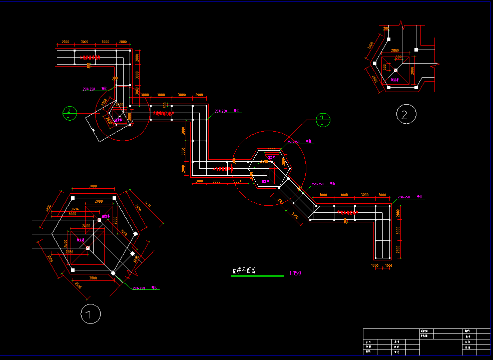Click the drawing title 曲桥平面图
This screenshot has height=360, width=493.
point(244,270)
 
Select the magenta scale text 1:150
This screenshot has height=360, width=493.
point(295,273)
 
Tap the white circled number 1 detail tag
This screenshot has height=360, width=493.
point(91,314)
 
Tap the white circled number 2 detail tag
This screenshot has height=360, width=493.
point(406,115)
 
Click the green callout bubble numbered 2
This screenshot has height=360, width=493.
point(70,113)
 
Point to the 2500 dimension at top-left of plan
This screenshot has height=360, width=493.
point(65,42)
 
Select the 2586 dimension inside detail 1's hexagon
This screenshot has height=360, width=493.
point(70,252)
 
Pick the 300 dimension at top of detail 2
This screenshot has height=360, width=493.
point(386,29)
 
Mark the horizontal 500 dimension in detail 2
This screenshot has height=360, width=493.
point(398,57)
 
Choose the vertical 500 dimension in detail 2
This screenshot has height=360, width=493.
point(384,68)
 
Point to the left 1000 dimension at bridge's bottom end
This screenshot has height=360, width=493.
point(375,265)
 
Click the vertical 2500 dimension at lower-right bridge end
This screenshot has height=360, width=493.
point(398,249)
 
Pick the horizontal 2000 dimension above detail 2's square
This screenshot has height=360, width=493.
point(395,51)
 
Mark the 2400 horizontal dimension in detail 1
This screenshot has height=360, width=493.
point(86,226)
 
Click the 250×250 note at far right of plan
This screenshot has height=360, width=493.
point(404,197)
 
